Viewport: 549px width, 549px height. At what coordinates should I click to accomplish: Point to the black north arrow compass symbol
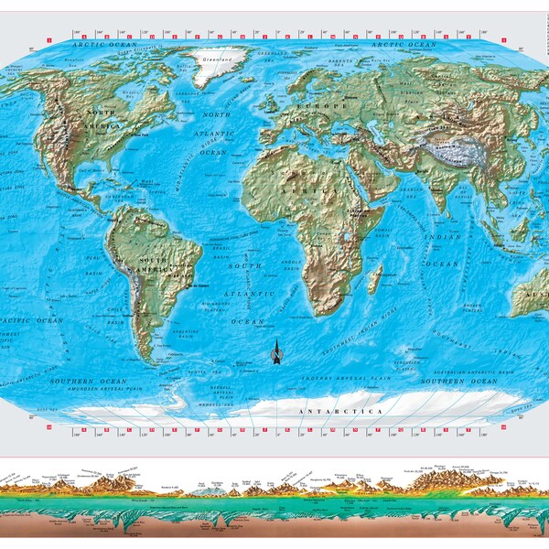[x=275, y=351]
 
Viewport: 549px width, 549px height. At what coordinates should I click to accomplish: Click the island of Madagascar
[x=374, y=279]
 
